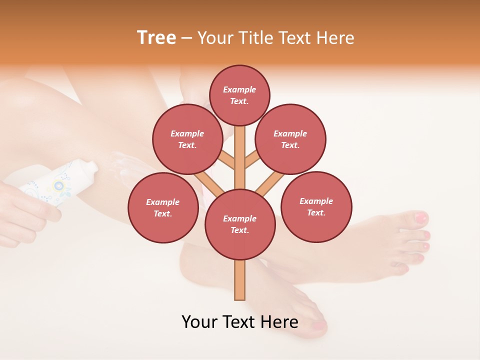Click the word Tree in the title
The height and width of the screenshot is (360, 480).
pos(156,38)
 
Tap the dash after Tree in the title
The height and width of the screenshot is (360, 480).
pos(186,38)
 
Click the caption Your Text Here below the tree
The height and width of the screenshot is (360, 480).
pos(240,322)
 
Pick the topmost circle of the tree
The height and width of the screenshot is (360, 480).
pos(239,95)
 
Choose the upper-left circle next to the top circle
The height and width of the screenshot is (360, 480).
pos(187,139)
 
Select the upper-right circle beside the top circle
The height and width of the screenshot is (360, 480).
pos(290,139)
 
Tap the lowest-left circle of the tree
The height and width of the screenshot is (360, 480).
pos(163,208)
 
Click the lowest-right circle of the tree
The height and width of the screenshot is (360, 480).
pos(316,206)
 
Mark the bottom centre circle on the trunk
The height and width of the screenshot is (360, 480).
pos(240,224)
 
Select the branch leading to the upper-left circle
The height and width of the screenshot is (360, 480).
pos(227,160)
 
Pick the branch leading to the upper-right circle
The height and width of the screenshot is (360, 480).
pos(251,160)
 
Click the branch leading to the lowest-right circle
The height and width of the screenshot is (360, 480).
pos(270,183)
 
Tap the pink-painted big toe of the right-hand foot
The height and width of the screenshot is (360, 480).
pos(420,218)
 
